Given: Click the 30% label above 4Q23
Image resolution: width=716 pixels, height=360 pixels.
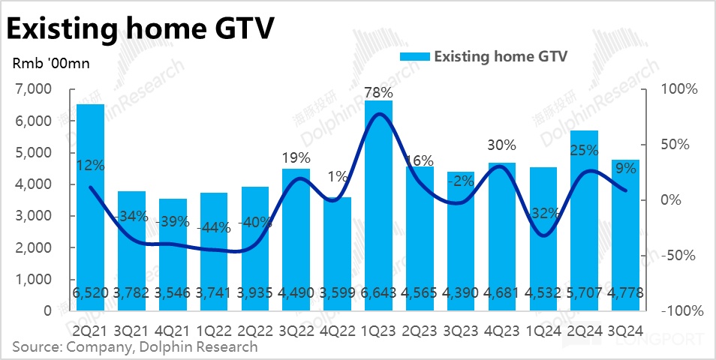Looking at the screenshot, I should [x=501, y=145].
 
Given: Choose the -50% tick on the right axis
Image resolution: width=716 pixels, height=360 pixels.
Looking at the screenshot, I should [x=679, y=255].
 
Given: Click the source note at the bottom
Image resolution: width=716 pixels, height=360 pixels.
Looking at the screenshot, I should [x=135, y=346].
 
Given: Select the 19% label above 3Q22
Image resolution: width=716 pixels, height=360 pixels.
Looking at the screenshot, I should [x=296, y=158].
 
